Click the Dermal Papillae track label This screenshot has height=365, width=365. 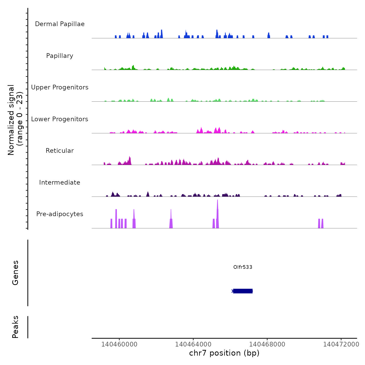[60, 24]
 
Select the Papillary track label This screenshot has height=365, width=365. [60, 56]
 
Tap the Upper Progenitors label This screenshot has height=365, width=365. [60, 87]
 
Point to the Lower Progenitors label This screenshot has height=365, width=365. [60, 119]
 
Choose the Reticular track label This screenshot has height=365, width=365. [60, 151]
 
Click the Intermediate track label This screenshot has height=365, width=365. [60, 182]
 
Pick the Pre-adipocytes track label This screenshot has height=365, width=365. [60, 214]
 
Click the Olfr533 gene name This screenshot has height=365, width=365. [243, 267]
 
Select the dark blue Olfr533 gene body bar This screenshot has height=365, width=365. [243, 291]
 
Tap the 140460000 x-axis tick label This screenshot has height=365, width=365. [119, 344]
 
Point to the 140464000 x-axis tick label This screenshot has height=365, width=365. [193, 344]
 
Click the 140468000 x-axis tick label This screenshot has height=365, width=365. [267, 344]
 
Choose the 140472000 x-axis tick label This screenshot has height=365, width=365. [341, 344]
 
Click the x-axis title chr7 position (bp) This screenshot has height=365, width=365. [224, 353]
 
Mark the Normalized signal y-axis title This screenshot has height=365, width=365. [15, 120]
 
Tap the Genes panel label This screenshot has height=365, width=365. [15, 273]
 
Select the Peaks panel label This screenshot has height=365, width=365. [15, 327]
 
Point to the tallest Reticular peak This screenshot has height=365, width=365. [130, 161]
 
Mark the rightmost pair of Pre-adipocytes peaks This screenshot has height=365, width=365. [321, 224]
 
